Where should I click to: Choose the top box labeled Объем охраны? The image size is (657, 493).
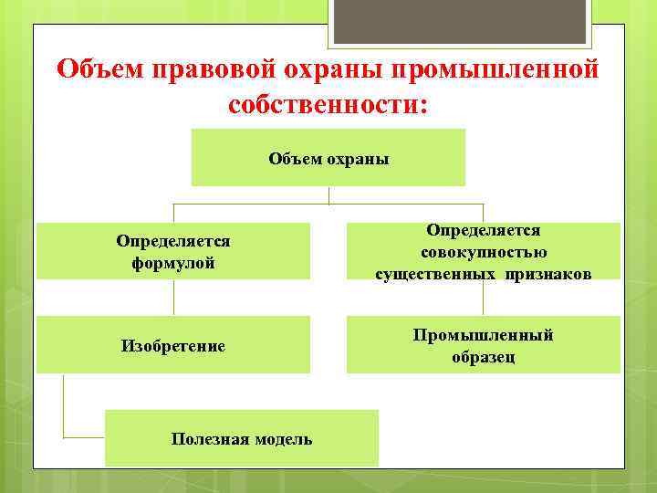pyautogui.click(x=328, y=158)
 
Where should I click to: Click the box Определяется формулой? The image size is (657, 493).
pyautogui.click(x=172, y=252)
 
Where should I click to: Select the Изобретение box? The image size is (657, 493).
pyautogui.click(x=172, y=346)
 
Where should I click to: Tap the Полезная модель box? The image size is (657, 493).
pyautogui.click(x=242, y=439)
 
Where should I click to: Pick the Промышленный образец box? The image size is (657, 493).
pyautogui.click(x=483, y=346)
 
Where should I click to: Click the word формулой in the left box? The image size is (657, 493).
pyautogui.click(x=172, y=263)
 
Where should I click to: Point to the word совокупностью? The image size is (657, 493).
pyautogui.click(x=483, y=252)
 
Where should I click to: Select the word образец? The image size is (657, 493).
pyautogui.click(x=483, y=357)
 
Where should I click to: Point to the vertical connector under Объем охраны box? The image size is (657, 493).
pyautogui.click(x=328, y=194)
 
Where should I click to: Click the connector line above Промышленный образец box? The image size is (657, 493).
pyautogui.click(x=483, y=298)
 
